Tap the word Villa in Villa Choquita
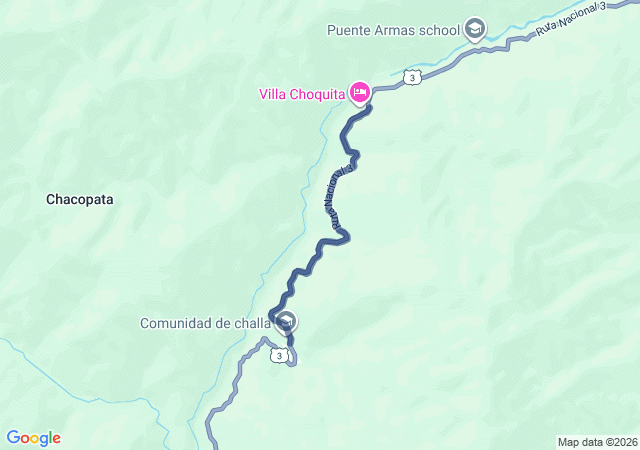[x=274, y=95]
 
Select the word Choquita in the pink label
[x=318, y=95]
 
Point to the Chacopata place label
[x=80, y=199]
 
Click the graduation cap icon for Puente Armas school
[x=475, y=29]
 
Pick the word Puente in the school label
[x=348, y=29]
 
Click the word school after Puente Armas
[x=439, y=29]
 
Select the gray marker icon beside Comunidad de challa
[x=286, y=322]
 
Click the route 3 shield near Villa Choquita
[x=411, y=76]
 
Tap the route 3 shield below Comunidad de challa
[x=281, y=355]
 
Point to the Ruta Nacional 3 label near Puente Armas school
[x=571, y=21]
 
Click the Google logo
[x=34, y=438]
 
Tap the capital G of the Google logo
[x=13, y=438]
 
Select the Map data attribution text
[x=597, y=442]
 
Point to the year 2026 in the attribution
[x=625, y=442]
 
